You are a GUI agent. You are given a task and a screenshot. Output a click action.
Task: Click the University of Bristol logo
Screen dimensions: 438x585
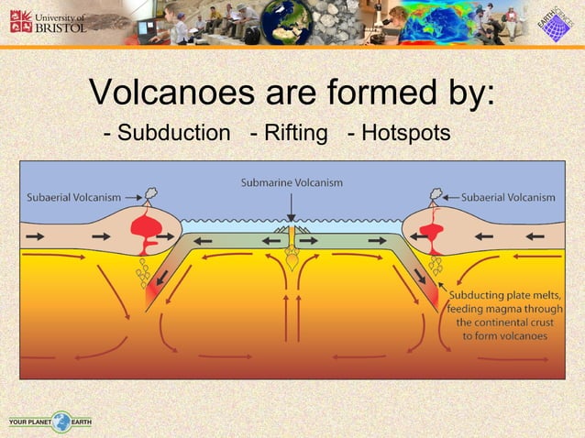[48, 22]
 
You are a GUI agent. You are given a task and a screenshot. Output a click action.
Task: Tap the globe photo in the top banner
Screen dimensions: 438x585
[287, 23]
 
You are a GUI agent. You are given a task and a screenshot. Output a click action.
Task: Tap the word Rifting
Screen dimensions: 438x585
[295, 134]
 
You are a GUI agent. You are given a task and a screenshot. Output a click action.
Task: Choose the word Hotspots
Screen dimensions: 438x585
[405, 134]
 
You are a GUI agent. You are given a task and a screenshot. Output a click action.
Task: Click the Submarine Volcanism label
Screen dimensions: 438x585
[292, 182]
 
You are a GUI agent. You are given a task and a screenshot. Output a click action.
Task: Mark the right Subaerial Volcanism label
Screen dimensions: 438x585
[507, 197]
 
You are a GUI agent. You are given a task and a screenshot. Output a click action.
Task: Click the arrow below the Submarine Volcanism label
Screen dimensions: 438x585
[292, 209]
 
